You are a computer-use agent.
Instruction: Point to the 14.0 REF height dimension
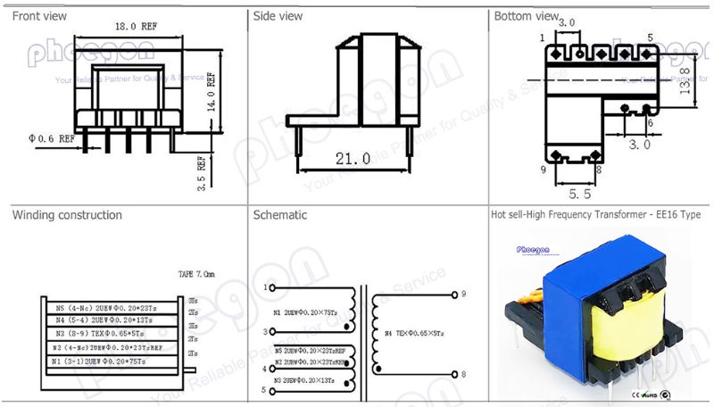click(x=213, y=90)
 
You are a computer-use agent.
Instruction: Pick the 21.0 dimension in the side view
click(x=353, y=159)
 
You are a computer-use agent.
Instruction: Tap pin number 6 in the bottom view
click(x=650, y=122)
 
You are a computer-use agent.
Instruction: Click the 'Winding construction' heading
click(x=67, y=215)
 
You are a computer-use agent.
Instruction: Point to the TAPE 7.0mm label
click(x=197, y=275)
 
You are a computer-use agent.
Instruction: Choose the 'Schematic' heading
click(x=280, y=215)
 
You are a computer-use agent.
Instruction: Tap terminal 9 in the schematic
click(x=466, y=293)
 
